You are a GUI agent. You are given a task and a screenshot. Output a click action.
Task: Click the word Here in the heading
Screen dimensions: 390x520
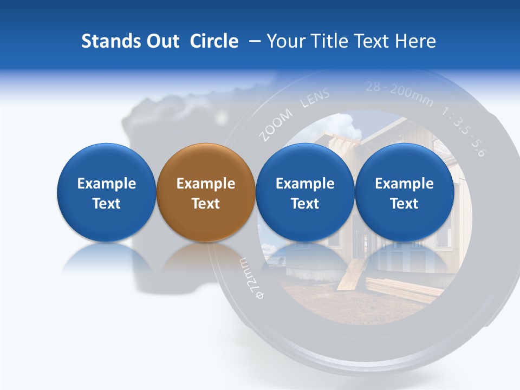pyautogui.click(x=417, y=41)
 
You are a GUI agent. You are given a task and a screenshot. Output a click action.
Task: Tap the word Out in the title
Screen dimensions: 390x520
pyautogui.click(x=162, y=41)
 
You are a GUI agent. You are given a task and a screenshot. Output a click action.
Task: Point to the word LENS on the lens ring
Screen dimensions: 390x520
pyautogui.click(x=315, y=100)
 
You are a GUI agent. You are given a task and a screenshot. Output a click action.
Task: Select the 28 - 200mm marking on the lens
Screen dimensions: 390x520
pyautogui.click(x=399, y=93)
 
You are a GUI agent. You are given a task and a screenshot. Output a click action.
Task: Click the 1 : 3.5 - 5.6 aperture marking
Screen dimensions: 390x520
pyautogui.click(x=463, y=133)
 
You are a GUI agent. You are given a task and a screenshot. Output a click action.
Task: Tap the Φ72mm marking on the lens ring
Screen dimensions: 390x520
pyautogui.click(x=250, y=277)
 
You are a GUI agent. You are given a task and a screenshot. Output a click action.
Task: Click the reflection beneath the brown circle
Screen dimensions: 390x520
pyautogui.click(x=206, y=260)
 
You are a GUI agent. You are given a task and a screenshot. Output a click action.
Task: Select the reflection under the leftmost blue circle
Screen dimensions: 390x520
pyautogui.click(x=106, y=260)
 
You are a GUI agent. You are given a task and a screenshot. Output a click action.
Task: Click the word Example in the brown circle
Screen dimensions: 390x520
pyautogui.click(x=206, y=184)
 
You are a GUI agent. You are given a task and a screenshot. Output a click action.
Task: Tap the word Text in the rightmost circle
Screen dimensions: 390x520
pyautogui.click(x=404, y=204)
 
